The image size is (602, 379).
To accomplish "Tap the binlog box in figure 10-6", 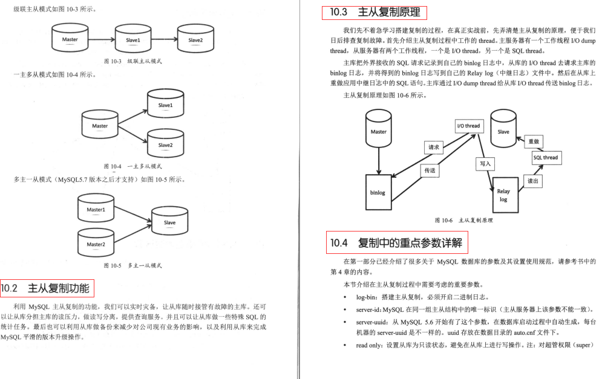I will (x=378, y=193).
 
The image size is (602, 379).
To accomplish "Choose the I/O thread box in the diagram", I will (x=468, y=126).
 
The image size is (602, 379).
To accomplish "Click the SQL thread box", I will (x=546, y=158).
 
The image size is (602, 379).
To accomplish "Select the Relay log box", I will (x=503, y=195).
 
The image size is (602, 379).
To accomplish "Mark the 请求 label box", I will (x=433, y=147).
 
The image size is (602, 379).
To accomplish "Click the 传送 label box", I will (x=430, y=171).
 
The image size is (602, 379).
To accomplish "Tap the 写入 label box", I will (x=485, y=163).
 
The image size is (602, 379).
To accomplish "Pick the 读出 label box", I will (x=532, y=181).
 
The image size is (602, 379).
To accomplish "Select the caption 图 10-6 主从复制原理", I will (x=463, y=221).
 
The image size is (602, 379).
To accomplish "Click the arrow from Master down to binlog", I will (x=378, y=160).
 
